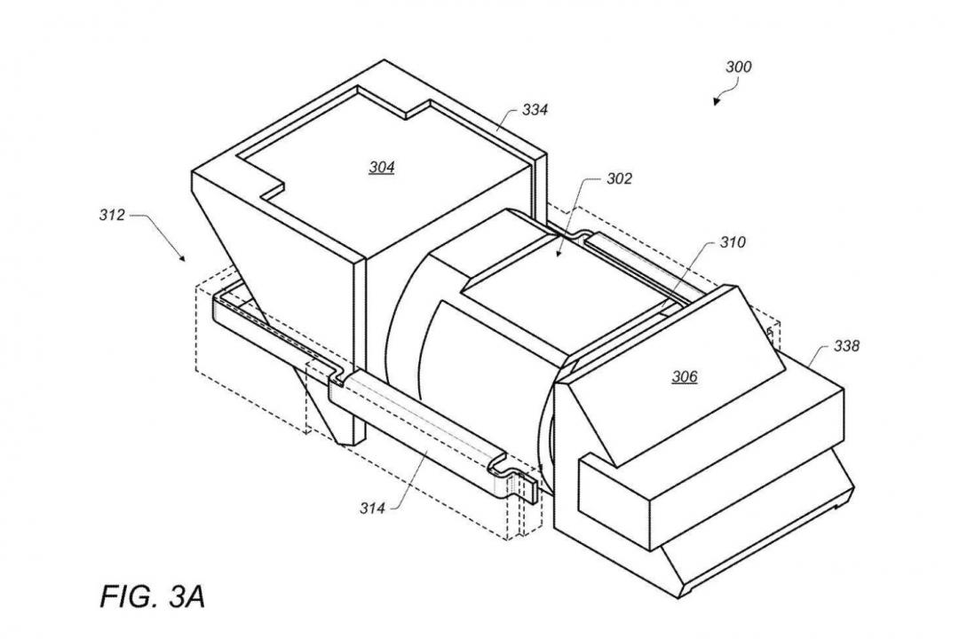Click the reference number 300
point(738,67)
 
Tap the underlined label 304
point(382,167)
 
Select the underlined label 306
point(685,376)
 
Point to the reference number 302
point(619,178)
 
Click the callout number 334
point(535,110)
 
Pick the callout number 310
point(732,243)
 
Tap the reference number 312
point(112,216)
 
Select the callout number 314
point(372,508)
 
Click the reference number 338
point(846,346)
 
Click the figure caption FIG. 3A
point(153,596)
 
